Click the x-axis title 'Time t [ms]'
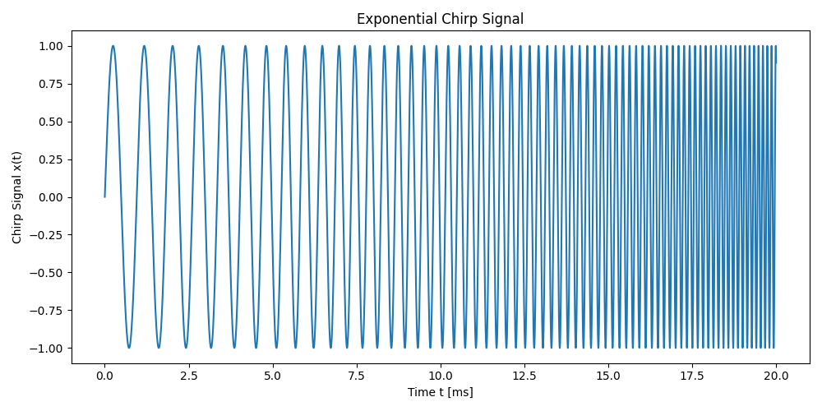[x=440, y=393]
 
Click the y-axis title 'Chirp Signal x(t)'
[x=17, y=197]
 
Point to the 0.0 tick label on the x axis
[x=104, y=376]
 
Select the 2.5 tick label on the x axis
[x=188, y=376]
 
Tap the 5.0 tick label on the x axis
[x=272, y=376]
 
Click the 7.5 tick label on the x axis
[x=357, y=376]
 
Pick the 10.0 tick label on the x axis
[x=441, y=376]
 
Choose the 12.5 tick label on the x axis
[x=524, y=376]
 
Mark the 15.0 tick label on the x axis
[x=608, y=376]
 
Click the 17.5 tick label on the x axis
[x=692, y=376]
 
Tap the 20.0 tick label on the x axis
[x=776, y=376]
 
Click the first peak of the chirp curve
[x=113, y=46]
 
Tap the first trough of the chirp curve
[x=129, y=348]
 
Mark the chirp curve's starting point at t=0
[x=104, y=197]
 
